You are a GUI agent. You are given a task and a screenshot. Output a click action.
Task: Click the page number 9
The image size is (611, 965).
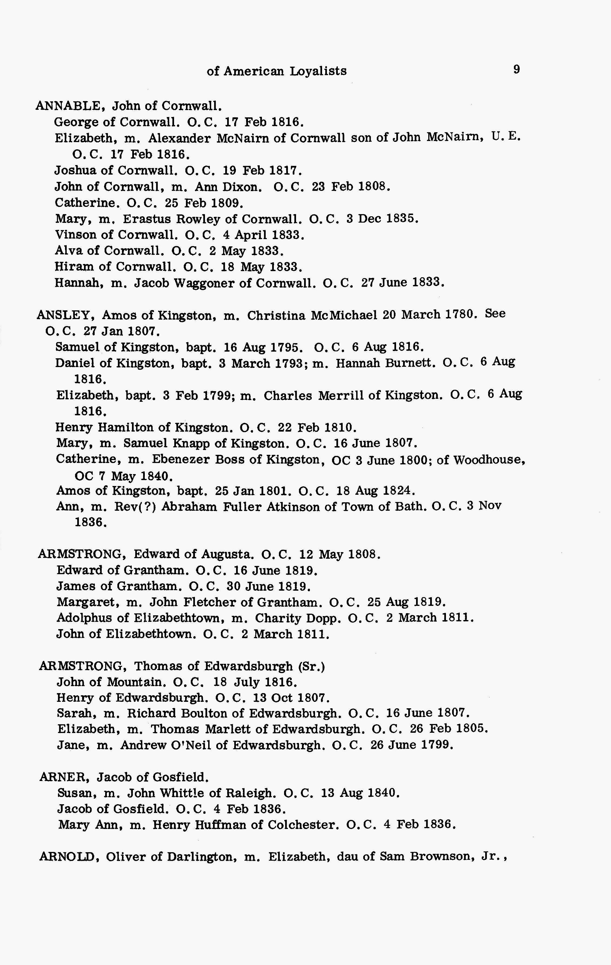click(516, 70)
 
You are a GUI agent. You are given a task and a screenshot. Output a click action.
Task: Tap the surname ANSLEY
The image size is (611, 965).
click(65, 315)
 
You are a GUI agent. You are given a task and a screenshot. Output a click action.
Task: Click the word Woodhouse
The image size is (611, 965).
click(489, 459)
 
